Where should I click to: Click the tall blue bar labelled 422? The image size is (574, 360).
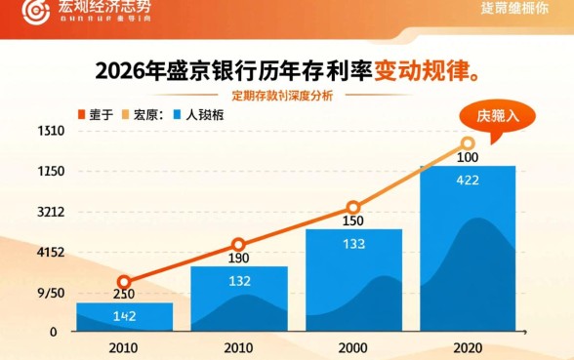pyautogui.click(x=468, y=249)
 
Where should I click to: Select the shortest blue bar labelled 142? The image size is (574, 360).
pyautogui.click(x=124, y=317)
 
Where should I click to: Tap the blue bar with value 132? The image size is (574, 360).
pyautogui.click(x=239, y=299)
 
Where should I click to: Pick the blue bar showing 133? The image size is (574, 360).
pyautogui.click(x=353, y=280)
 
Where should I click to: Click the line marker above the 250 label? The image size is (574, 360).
pyautogui.click(x=124, y=282)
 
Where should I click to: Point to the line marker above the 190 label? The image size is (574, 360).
pyautogui.click(x=239, y=245)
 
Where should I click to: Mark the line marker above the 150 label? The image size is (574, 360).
pyautogui.click(x=353, y=207)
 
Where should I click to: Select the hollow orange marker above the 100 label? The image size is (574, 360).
pyautogui.click(x=468, y=143)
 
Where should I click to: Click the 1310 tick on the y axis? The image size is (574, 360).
pyautogui.click(x=50, y=131)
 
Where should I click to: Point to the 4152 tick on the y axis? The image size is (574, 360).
pyautogui.click(x=50, y=252)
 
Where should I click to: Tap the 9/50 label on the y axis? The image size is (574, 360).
pyautogui.click(x=50, y=293)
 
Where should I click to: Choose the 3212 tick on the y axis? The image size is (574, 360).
pyautogui.click(x=50, y=212)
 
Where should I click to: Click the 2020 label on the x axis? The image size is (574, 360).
pyautogui.click(x=468, y=348)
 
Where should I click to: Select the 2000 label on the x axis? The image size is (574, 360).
pyautogui.click(x=353, y=348)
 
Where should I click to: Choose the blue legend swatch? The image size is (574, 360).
pyautogui.click(x=177, y=114)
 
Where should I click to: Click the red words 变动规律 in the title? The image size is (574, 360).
pyautogui.click(x=426, y=71)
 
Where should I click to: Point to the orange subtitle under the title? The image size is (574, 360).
pyautogui.click(x=282, y=96)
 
